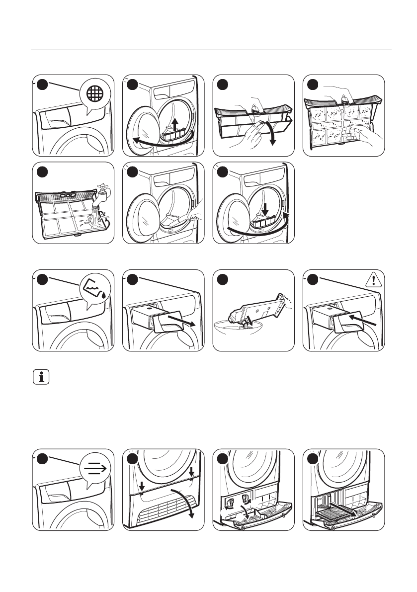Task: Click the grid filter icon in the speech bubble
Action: (x=96, y=93)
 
